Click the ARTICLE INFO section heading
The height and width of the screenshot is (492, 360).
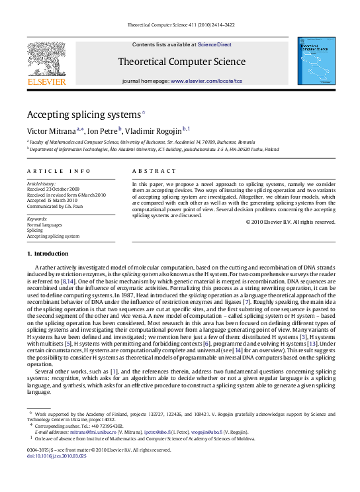click(50, 171)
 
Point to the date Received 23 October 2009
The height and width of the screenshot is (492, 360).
click(52, 189)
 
